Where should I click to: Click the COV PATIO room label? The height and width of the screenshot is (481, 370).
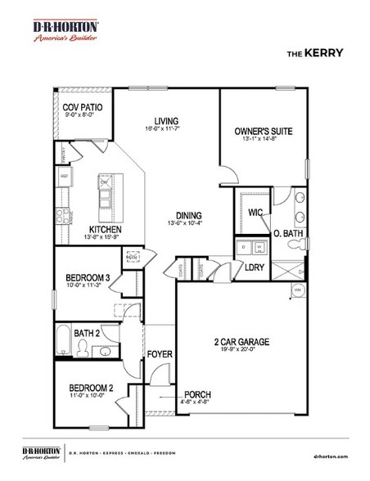83,106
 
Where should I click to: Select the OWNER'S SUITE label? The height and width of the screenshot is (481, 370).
263,130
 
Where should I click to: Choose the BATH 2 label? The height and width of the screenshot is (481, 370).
86,333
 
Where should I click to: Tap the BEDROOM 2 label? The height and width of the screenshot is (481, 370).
90,387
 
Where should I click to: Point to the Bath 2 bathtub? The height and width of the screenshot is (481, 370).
64,339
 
